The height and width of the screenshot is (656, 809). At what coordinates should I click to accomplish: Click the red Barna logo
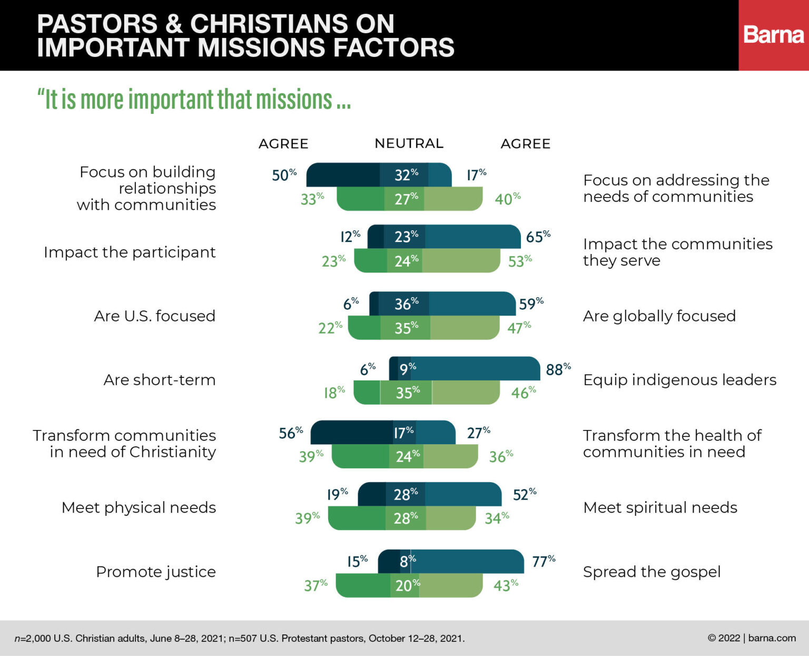tap(773, 35)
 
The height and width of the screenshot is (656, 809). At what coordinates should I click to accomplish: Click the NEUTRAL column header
tap(409, 143)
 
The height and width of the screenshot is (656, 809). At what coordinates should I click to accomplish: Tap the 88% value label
tap(558, 369)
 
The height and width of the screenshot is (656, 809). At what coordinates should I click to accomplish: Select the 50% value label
tap(284, 174)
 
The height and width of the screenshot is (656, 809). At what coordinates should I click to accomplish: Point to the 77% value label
tap(544, 561)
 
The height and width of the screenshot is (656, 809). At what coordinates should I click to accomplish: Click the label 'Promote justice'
tap(156, 572)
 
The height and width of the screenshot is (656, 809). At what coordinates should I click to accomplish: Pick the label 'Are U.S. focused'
tap(154, 316)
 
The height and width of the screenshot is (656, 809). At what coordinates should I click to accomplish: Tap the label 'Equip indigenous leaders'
tap(679, 380)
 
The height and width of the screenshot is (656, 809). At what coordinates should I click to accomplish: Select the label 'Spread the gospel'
tap(652, 572)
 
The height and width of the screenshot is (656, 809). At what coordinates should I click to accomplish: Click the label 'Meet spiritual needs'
tap(660, 507)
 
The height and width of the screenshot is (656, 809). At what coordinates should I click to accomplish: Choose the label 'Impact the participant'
tap(130, 252)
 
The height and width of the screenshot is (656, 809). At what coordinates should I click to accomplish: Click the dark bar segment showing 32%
tap(404, 175)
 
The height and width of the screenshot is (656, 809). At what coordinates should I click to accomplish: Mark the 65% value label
tap(538, 237)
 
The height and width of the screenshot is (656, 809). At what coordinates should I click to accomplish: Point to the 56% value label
tap(291, 433)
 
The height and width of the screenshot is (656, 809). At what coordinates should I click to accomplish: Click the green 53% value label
tap(520, 261)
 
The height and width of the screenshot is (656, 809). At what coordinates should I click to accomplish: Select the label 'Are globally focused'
tap(659, 316)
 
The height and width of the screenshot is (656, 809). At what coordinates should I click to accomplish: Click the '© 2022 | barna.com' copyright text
tap(752, 638)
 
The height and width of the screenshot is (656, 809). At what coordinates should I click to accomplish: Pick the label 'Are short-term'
tap(160, 380)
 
